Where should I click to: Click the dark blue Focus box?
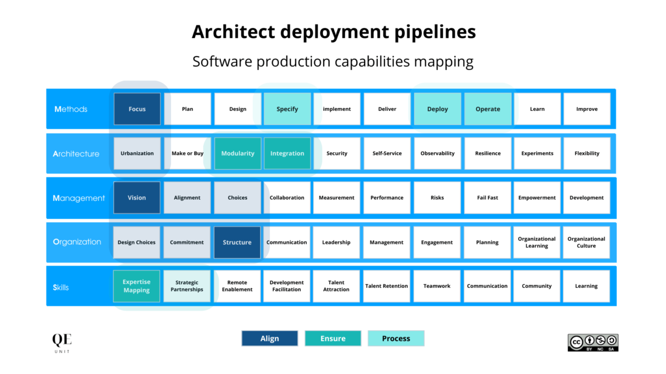click(x=137, y=109)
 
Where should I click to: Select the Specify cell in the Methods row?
click(x=287, y=109)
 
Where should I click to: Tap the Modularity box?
click(x=237, y=153)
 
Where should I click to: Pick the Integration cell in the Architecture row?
click(x=287, y=153)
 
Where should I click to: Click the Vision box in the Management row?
click(x=137, y=198)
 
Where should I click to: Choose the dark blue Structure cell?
click(x=237, y=242)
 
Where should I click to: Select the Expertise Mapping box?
click(x=137, y=286)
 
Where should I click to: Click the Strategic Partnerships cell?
click(x=187, y=286)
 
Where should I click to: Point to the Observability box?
click(x=437, y=153)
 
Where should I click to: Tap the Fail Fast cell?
click(x=487, y=198)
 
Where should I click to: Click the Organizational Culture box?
click(x=586, y=242)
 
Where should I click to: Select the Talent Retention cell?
click(x=386, y=286)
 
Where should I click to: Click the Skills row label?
click(x=61, y=287)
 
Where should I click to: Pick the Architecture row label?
click(x=76, y=154)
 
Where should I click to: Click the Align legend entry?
click(x=269, y=338)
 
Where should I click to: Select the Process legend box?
click(x=396, y=338)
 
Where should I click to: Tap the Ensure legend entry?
click(x=332, y=338)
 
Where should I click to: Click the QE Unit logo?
click(x=62, y=342)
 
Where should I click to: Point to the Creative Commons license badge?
click(x=592, y=342)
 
